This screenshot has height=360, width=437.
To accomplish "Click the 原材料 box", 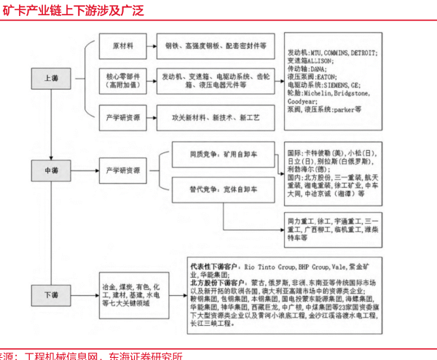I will tap(123, 45).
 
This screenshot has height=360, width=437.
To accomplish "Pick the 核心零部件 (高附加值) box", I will tap(123, 79).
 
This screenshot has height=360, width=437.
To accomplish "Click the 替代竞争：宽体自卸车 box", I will tap(224, 188).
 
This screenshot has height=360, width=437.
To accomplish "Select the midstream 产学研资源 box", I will tap(123, 170).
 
